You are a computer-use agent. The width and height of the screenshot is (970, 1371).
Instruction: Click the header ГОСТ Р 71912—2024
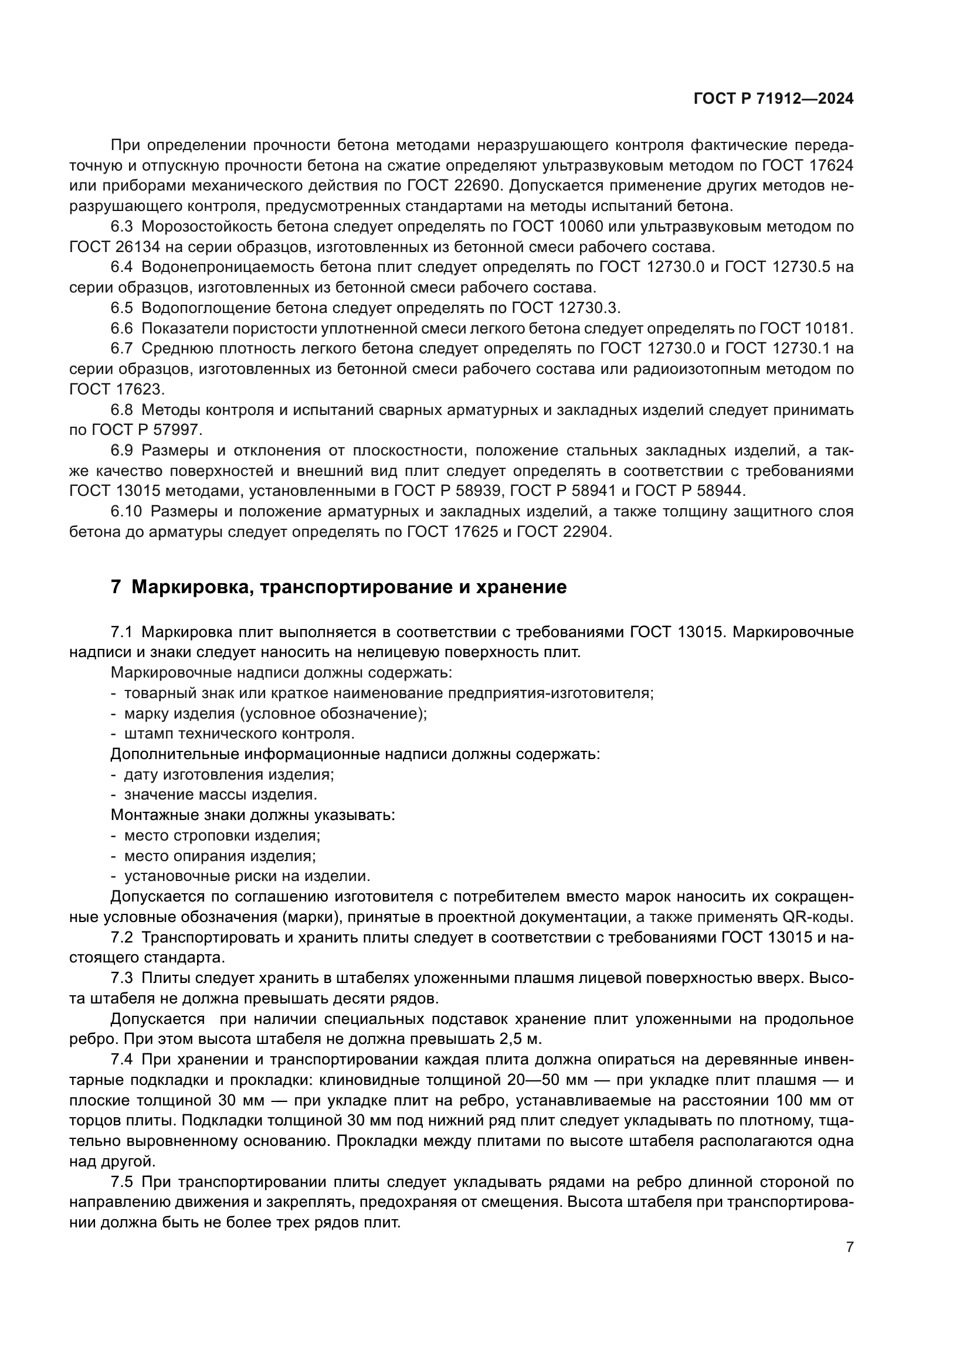pos(774,99)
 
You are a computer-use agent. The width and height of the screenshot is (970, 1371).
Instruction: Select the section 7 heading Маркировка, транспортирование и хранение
pos(338,587)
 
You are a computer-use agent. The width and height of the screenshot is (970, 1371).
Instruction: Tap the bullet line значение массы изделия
pos(221,794)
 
